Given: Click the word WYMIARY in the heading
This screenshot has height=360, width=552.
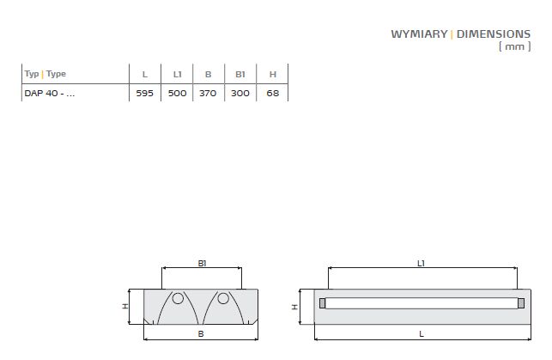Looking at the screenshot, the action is [x=419, y=34].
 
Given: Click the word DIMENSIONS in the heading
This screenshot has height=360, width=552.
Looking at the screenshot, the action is [x=494, y=34].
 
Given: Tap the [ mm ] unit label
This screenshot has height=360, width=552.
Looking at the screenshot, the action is [x=515, y=46].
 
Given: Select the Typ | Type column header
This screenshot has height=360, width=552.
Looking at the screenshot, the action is [x=45, y=75].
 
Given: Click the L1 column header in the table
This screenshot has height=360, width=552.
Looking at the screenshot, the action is [x=177, y=75].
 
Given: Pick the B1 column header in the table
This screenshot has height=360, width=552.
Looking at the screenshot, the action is [x=240, y=75].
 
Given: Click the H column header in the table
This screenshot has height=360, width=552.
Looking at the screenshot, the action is [x=273, y=75].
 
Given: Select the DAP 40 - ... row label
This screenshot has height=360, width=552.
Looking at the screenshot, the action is [x=50, y=94].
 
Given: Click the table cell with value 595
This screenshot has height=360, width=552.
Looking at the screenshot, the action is [x=145, y=94].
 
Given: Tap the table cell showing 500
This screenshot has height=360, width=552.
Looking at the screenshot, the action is [x=177, y=94].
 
